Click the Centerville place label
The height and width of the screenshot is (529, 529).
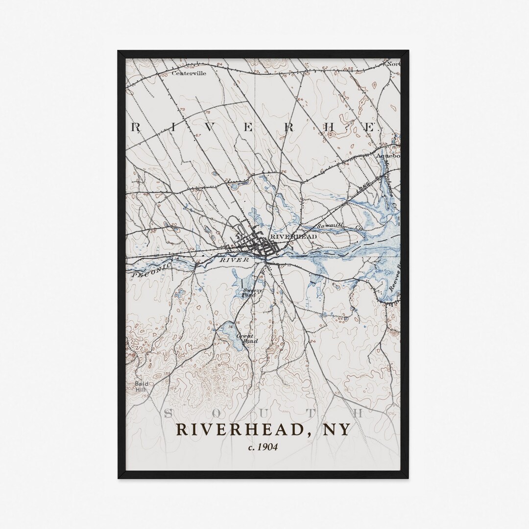coord(189,73)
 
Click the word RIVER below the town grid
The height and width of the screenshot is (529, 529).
coord(234,260)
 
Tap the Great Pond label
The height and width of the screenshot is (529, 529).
coord(244,338)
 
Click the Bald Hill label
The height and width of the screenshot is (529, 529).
coord(142,385)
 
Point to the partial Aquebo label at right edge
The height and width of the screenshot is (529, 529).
coord(390,156)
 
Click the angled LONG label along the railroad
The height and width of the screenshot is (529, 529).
coord(362,185)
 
